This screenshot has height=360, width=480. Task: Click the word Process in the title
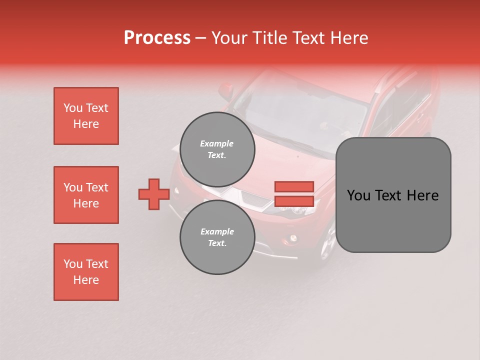[157, 38]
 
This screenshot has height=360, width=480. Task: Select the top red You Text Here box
[86, 116]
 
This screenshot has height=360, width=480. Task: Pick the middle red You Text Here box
[86, 195]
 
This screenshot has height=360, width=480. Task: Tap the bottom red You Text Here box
[86, 272]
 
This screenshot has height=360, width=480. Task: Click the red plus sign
[154, 194]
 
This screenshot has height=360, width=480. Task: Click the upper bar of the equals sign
[294, 186]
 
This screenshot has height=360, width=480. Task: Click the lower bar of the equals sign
[294, 201]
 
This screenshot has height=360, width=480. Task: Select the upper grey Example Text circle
[217, 149]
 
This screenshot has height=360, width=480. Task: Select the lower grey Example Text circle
[217, 237]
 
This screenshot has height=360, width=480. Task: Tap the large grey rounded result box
[393, 195]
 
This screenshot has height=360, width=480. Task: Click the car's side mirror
[226, 90]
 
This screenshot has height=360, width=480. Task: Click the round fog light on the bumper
[292, 239]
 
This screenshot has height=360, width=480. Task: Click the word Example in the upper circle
[217, 143]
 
